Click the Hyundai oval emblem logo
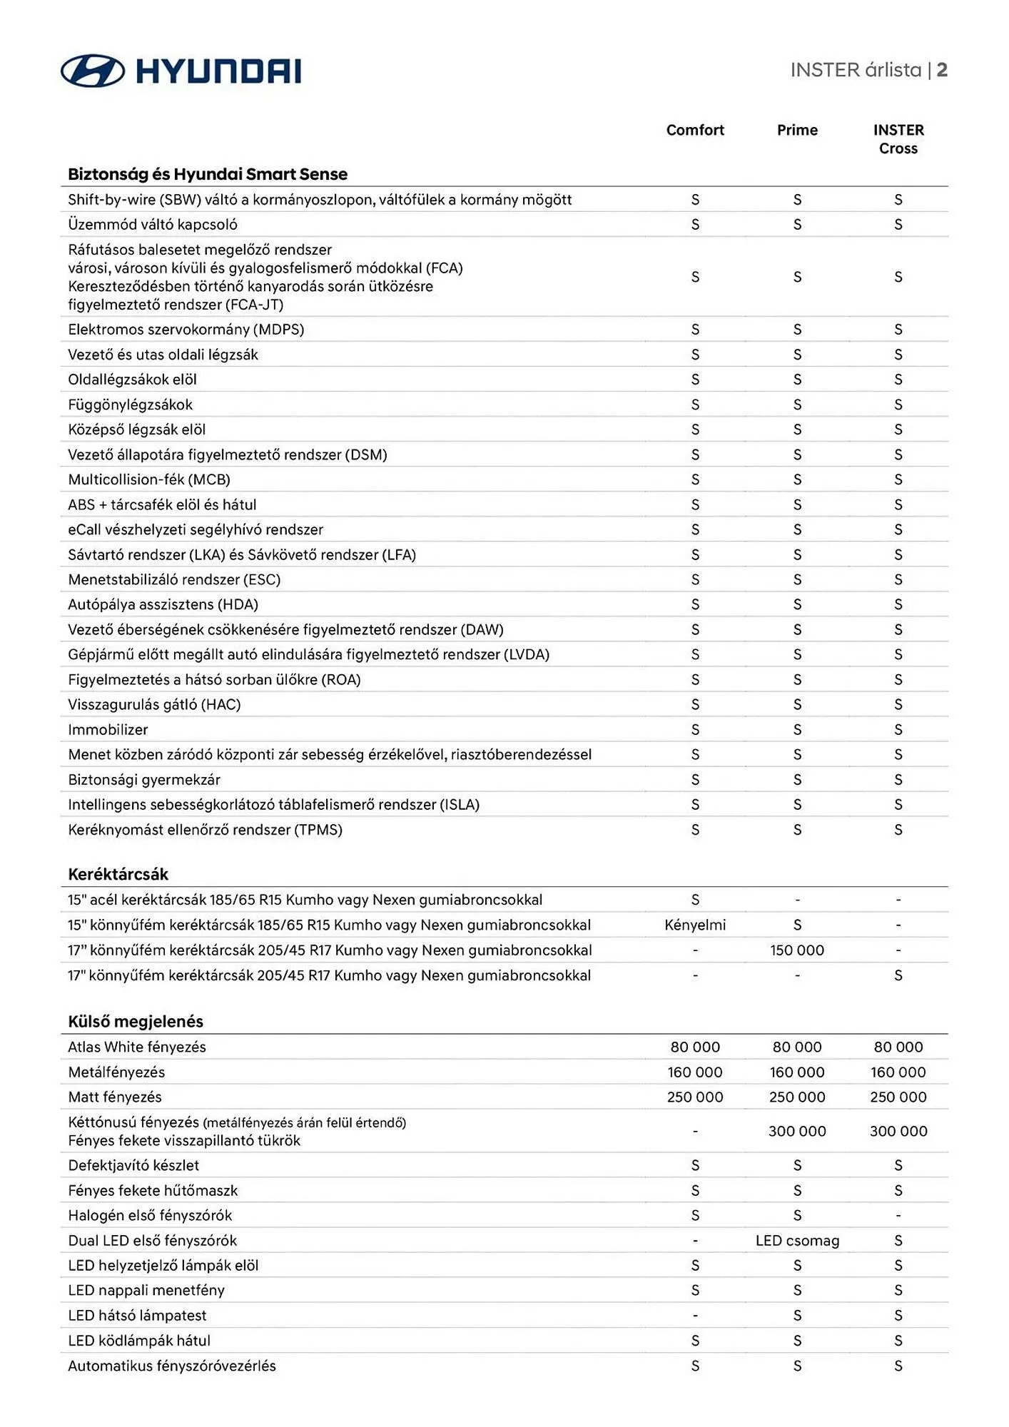tap(93, 71)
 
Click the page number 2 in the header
tap(942, 70)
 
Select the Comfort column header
tap(695, 130)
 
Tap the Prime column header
tap(797, 130)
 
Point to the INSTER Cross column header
tap(898, 139)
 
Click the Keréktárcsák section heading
tap(118, 874)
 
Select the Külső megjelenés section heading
tap(136, 1021)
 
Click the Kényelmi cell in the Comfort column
tap(695, 925)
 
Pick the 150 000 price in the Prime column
tap(797, 950)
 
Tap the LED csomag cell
tap(797, 1240)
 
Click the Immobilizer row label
tap(108, 729)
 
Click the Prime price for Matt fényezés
tap(797, 1097)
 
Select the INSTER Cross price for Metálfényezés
tap(898, 1072)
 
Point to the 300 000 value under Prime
tap(797, 1131)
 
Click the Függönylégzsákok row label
tap(131, 405)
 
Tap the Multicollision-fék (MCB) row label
tap(149, 479)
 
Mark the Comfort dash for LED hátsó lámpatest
tap(695, 1315)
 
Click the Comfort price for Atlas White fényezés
tap(695, 1047)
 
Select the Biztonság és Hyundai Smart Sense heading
tap(208, 174)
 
